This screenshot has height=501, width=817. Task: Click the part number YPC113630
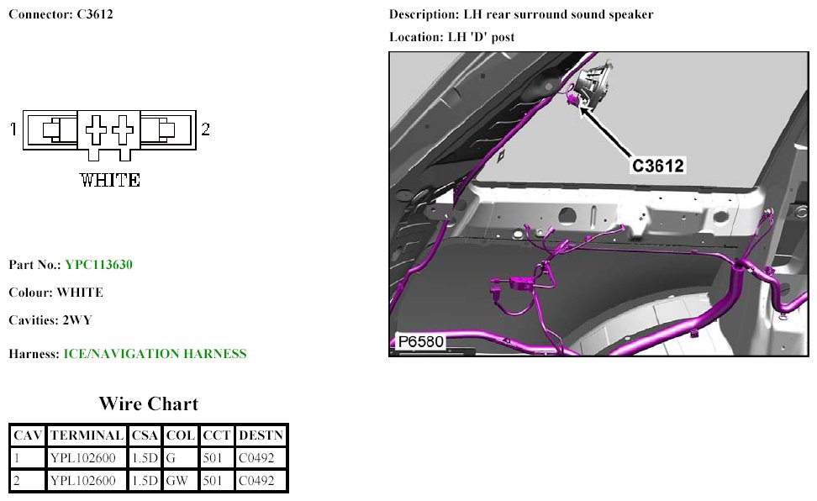tap(98, 265)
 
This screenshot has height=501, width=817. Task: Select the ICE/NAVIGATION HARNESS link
tap(155, 354)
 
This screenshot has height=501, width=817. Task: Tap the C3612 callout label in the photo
tap(657, 166)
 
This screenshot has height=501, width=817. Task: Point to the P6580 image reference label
tap(420, 341)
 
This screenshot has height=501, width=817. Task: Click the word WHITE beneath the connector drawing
tap(110, 181)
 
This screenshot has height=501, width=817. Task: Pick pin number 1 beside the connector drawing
tap(13, 129)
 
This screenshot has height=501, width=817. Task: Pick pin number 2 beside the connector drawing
tap(205, 129)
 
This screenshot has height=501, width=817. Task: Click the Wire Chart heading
tap(149, 404)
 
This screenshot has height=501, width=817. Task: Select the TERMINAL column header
tap(87, 435)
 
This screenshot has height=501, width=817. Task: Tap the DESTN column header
tap(261, 435)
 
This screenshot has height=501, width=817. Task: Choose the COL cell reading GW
tap(177, 481)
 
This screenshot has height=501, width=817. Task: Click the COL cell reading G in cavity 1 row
tap(171, 458)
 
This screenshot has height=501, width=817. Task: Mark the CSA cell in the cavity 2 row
tap(145, 481)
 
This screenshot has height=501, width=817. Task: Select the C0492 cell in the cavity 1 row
tap(256, 458)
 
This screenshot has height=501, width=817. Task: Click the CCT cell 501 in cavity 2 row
tap(213, 481)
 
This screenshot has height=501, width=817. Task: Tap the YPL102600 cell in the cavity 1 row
tap(83, 458)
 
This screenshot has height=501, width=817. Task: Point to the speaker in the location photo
tap(594, 83)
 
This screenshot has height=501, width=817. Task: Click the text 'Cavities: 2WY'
tap(50, 320)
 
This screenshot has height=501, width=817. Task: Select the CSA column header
tap(145, 435)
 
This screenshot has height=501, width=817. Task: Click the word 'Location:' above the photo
tap(416, 37)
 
